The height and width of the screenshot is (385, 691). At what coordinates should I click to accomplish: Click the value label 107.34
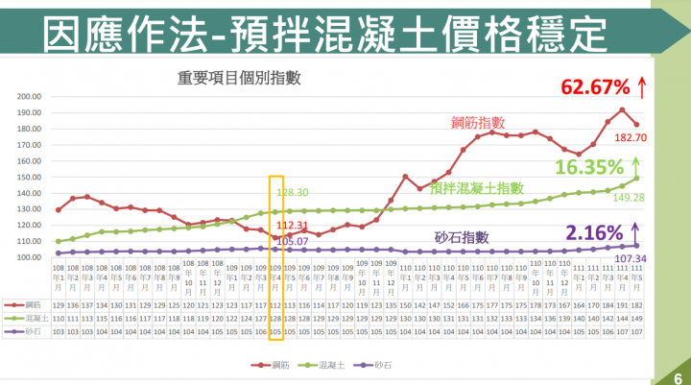tap(620, 259)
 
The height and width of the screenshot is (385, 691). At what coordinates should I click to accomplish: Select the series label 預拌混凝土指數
tap(477, 188)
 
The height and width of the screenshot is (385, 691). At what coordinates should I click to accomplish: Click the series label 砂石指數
tap(462, 237)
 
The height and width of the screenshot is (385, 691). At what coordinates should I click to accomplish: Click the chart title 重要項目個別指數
tap(233, 78)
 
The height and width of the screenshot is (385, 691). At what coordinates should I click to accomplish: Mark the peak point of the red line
tap(622, 109)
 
